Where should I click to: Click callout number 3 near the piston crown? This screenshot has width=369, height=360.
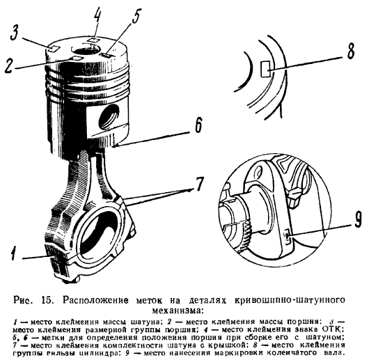(x=15, y=33)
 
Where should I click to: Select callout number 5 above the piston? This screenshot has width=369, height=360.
(x=136, y=16)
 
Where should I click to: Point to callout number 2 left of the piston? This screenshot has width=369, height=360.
(x=10, y=65)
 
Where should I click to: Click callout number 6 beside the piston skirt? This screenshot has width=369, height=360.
(x=198, y=125)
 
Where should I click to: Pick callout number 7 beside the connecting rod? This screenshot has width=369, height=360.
(x=199, y=183)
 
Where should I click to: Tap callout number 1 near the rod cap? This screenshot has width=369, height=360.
(x=14, y=253)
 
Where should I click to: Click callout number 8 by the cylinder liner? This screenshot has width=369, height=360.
(x=351, y=52)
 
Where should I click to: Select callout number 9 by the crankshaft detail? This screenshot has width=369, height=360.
(x=358, y=220)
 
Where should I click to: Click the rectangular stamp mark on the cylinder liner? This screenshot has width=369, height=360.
(x=265, y=68)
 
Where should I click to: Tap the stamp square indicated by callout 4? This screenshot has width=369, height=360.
(x=93, y=40)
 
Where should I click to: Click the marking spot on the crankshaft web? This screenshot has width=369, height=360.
(x=288, y=237)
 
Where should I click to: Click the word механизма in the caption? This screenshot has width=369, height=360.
(x=178, y=311)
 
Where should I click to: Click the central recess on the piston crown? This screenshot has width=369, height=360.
(x=86, y=50)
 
